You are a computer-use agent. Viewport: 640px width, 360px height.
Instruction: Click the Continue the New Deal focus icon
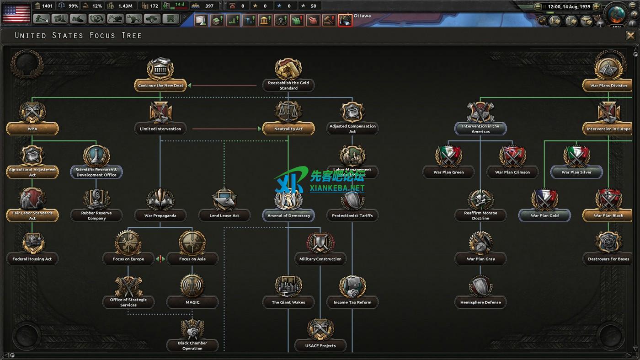click(x=160, y=70)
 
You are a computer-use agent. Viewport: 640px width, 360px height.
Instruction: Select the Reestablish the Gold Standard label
click(x=288, y=86)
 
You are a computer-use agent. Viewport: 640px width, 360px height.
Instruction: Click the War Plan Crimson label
click(x=512, y=172)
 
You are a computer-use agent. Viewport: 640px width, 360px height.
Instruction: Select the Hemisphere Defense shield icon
click(x=480, y=286)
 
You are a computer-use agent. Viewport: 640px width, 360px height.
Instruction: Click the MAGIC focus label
click(x=192, y=302)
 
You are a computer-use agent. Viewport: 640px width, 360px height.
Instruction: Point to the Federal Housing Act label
click(x=32, y=259)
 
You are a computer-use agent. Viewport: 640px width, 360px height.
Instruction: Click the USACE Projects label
click(x=320, y=346)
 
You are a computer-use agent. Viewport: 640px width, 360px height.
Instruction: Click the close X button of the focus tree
click(x=630, y=36)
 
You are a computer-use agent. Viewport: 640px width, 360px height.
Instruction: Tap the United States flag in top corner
click(x=16, y=13)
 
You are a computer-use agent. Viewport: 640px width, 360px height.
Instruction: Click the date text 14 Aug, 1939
click(x=576, y=7)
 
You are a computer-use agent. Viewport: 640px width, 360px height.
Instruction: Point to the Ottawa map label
click(x=362, y=16)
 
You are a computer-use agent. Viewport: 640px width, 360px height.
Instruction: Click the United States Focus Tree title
click(x=78, y=36)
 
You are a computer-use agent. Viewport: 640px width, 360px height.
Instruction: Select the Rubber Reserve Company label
click(x=96, y=216)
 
